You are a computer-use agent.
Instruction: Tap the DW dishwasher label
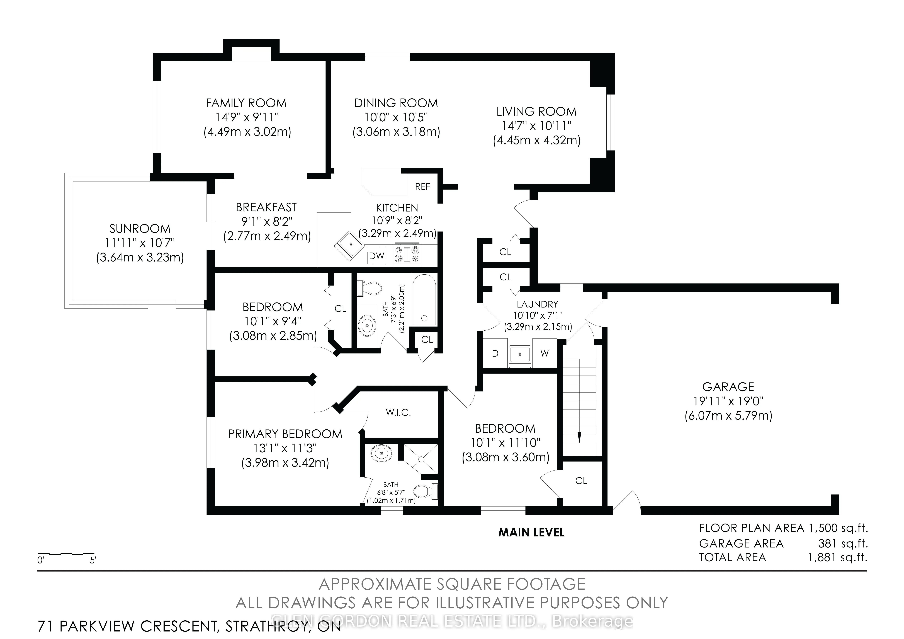click(376, 256)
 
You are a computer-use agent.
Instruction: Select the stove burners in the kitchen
click(407, 254)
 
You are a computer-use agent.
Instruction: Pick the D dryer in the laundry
click(495, 353)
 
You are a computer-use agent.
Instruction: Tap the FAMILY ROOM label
click(246, 103)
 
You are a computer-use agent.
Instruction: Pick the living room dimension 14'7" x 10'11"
click(537, 126)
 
